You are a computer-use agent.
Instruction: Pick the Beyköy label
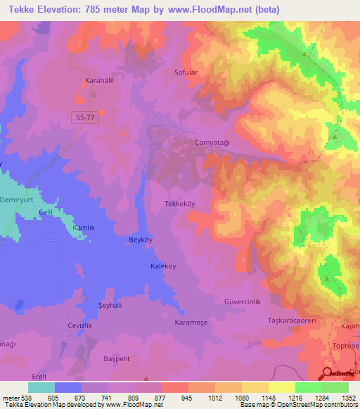pyautogui.click(x=122, y=240)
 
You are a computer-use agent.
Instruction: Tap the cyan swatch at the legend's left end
pyautogui.click(x=41, y=387)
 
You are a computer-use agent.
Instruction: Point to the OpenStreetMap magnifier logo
pyautogui.click(x=326, y=373)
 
